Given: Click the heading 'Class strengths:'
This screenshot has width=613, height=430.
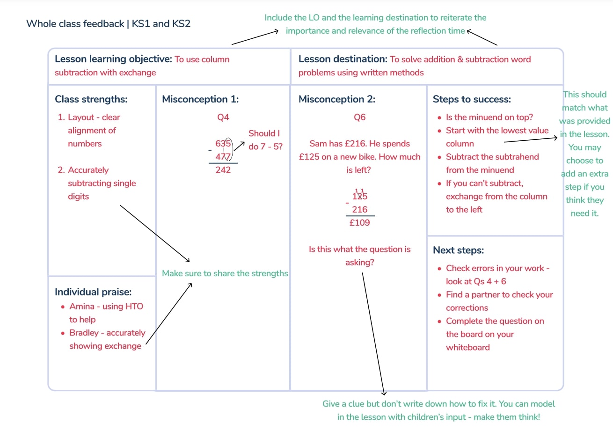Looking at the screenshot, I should point(91,99).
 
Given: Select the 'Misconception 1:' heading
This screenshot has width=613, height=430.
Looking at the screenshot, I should point(200,99).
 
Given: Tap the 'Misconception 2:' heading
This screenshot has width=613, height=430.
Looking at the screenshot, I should point(337,99).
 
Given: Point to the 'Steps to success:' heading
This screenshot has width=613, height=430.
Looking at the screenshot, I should point(472,99).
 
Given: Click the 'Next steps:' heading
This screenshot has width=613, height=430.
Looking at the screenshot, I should point(458,250).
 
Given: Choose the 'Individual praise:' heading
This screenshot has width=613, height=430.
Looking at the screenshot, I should point(93,292).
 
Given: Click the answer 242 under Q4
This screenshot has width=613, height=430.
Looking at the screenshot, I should point(223,170).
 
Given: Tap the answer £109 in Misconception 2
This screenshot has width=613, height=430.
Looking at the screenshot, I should point(360,222).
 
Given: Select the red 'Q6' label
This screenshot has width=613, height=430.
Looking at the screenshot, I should point(359,117).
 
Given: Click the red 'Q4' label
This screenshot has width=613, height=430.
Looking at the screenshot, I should point(223,117).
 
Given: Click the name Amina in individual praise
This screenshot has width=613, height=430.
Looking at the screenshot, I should point(82,307).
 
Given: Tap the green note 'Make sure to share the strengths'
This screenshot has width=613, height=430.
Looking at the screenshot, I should point(225,273).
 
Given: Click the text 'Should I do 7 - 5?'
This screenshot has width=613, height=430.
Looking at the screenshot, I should point(265,140).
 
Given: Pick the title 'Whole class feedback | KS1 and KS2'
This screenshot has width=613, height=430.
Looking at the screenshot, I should point(108,23).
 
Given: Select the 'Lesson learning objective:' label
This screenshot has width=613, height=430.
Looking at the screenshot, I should point(113,59).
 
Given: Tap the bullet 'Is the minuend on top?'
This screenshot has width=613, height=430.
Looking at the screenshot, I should point(489,117).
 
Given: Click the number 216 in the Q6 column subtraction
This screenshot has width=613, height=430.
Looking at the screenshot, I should point(360,209).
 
